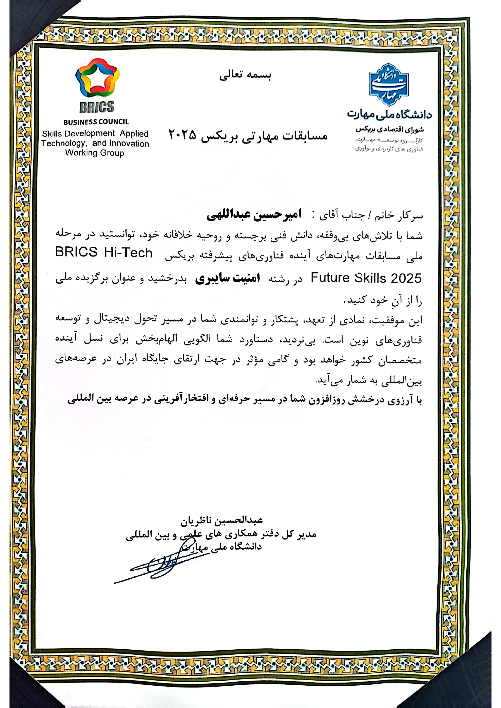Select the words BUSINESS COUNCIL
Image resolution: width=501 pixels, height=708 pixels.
(96, 122)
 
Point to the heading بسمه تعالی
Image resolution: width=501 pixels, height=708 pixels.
(245, 75)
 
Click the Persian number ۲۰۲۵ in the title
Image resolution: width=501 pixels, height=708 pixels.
(182, 135)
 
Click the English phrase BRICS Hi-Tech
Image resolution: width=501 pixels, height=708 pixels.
(104, 252)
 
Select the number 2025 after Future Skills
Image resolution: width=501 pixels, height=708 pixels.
(406, 278)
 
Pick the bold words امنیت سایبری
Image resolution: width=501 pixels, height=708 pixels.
(228, 278)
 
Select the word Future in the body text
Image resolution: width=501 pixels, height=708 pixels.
(330, 278)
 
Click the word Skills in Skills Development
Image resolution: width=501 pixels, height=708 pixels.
(52, 134)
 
